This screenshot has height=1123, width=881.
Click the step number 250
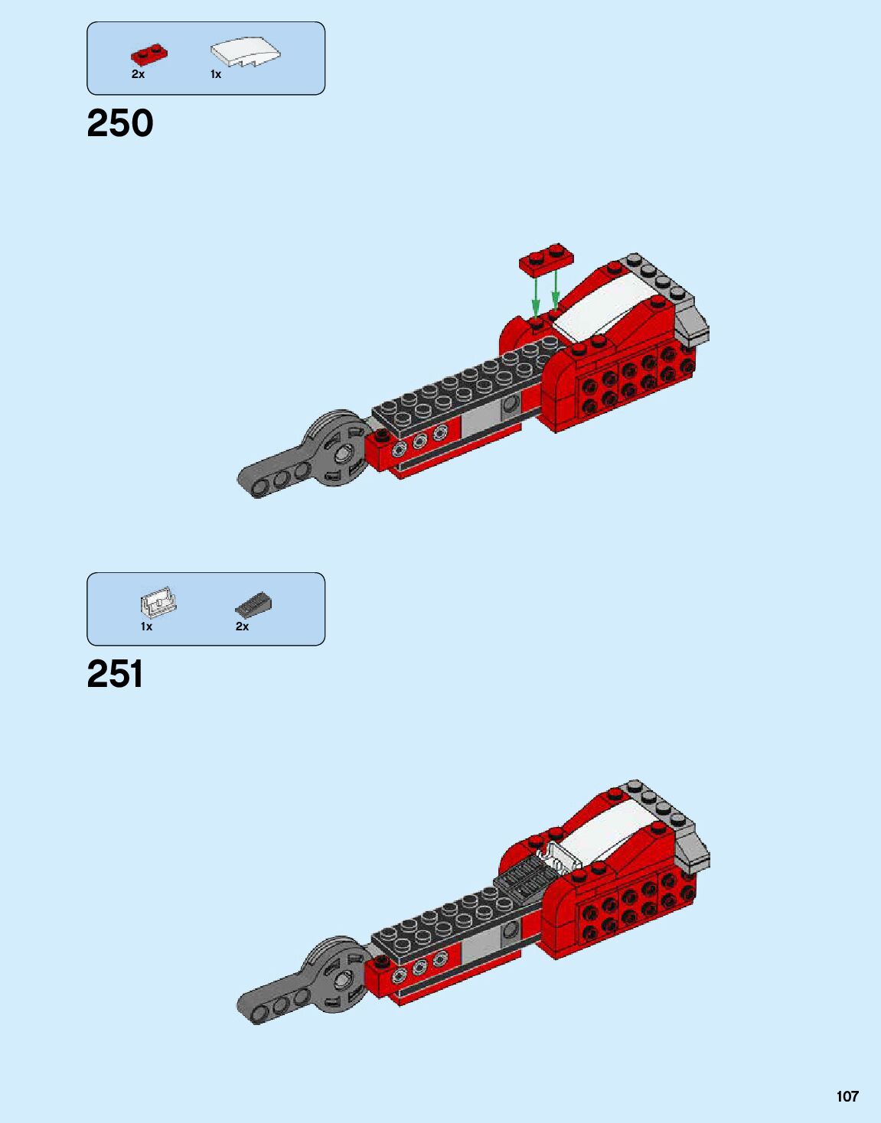[x=120, y=123]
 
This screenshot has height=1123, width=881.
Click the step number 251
[x=116, y=674]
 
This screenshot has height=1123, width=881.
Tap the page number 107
[x=847, y=1096]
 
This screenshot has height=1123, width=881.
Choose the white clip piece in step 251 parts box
[x=158, y=604]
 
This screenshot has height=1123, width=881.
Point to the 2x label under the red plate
[x=138, y=74]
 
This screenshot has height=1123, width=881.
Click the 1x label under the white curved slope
[x=216, y=74]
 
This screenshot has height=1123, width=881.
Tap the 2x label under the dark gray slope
[x=242, y=626]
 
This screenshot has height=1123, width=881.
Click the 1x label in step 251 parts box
[x=146, y=626]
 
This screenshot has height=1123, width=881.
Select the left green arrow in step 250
[x=536, y=294]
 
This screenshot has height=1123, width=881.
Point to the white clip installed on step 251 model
[x=558, y=854]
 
